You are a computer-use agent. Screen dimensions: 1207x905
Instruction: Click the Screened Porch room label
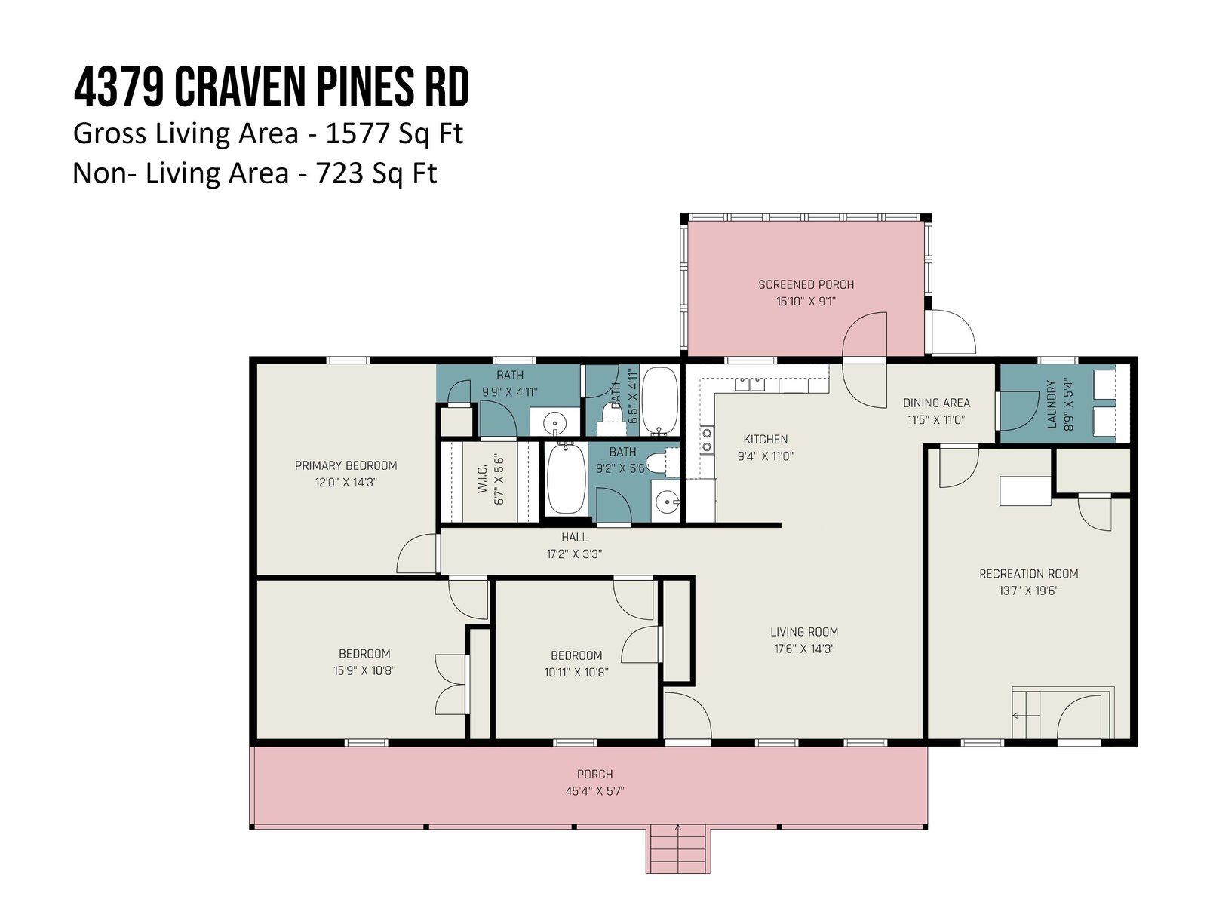click(806, 284)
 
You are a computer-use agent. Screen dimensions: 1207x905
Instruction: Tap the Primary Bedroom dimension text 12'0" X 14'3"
click(346, 483)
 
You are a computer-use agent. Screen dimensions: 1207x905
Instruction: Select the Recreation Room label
click(1028, 574)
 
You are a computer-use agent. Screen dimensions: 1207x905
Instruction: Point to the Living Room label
click(804, 632)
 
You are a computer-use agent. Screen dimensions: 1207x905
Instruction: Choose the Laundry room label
click(1052, 404)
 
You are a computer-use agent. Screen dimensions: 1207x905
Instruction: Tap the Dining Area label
click(936, 403)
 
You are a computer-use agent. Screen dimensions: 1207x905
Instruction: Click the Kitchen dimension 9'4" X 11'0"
click(766, 456)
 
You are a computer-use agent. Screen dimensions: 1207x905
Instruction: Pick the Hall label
click(574, 538)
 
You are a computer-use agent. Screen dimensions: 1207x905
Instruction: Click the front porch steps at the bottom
click(678, 848)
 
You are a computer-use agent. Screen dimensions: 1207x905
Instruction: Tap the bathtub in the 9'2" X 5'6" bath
click(566, 479)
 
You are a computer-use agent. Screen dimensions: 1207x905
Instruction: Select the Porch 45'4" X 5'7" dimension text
click(595, 791)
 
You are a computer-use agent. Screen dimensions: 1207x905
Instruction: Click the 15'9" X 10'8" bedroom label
click(364, 662)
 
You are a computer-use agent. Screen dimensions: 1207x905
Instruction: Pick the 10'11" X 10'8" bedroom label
click(576, 664)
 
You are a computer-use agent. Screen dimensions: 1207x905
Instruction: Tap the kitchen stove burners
click(707, 440)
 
